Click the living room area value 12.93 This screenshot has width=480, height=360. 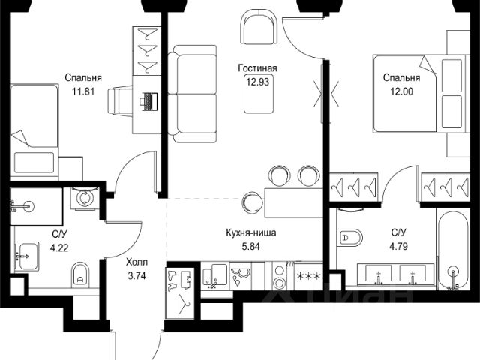click(258, 82)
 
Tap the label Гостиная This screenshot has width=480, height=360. click(258, 68)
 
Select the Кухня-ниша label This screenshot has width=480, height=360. click(251, 232)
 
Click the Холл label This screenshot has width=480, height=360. click(136, 262)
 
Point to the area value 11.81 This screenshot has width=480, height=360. click(83, 91)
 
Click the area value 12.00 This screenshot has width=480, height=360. click(401, 91)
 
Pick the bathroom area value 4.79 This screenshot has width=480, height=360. click(398, 246)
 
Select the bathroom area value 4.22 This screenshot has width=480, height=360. click(59, 247)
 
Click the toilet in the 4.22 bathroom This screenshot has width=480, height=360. click(80, 275)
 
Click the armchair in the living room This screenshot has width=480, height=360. click(259, 26)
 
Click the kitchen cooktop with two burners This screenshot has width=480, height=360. click(280, 275)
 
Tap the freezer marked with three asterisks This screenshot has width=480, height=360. click(308, 275)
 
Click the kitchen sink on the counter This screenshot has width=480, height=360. click(215, 276)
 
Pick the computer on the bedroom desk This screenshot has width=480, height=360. click(148, 101)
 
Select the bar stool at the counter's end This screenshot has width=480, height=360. click(253, 202)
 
